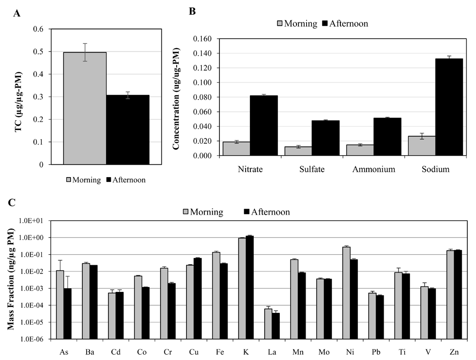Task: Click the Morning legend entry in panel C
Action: [x=203, y=211]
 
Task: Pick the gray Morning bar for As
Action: [x=60, y=305]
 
